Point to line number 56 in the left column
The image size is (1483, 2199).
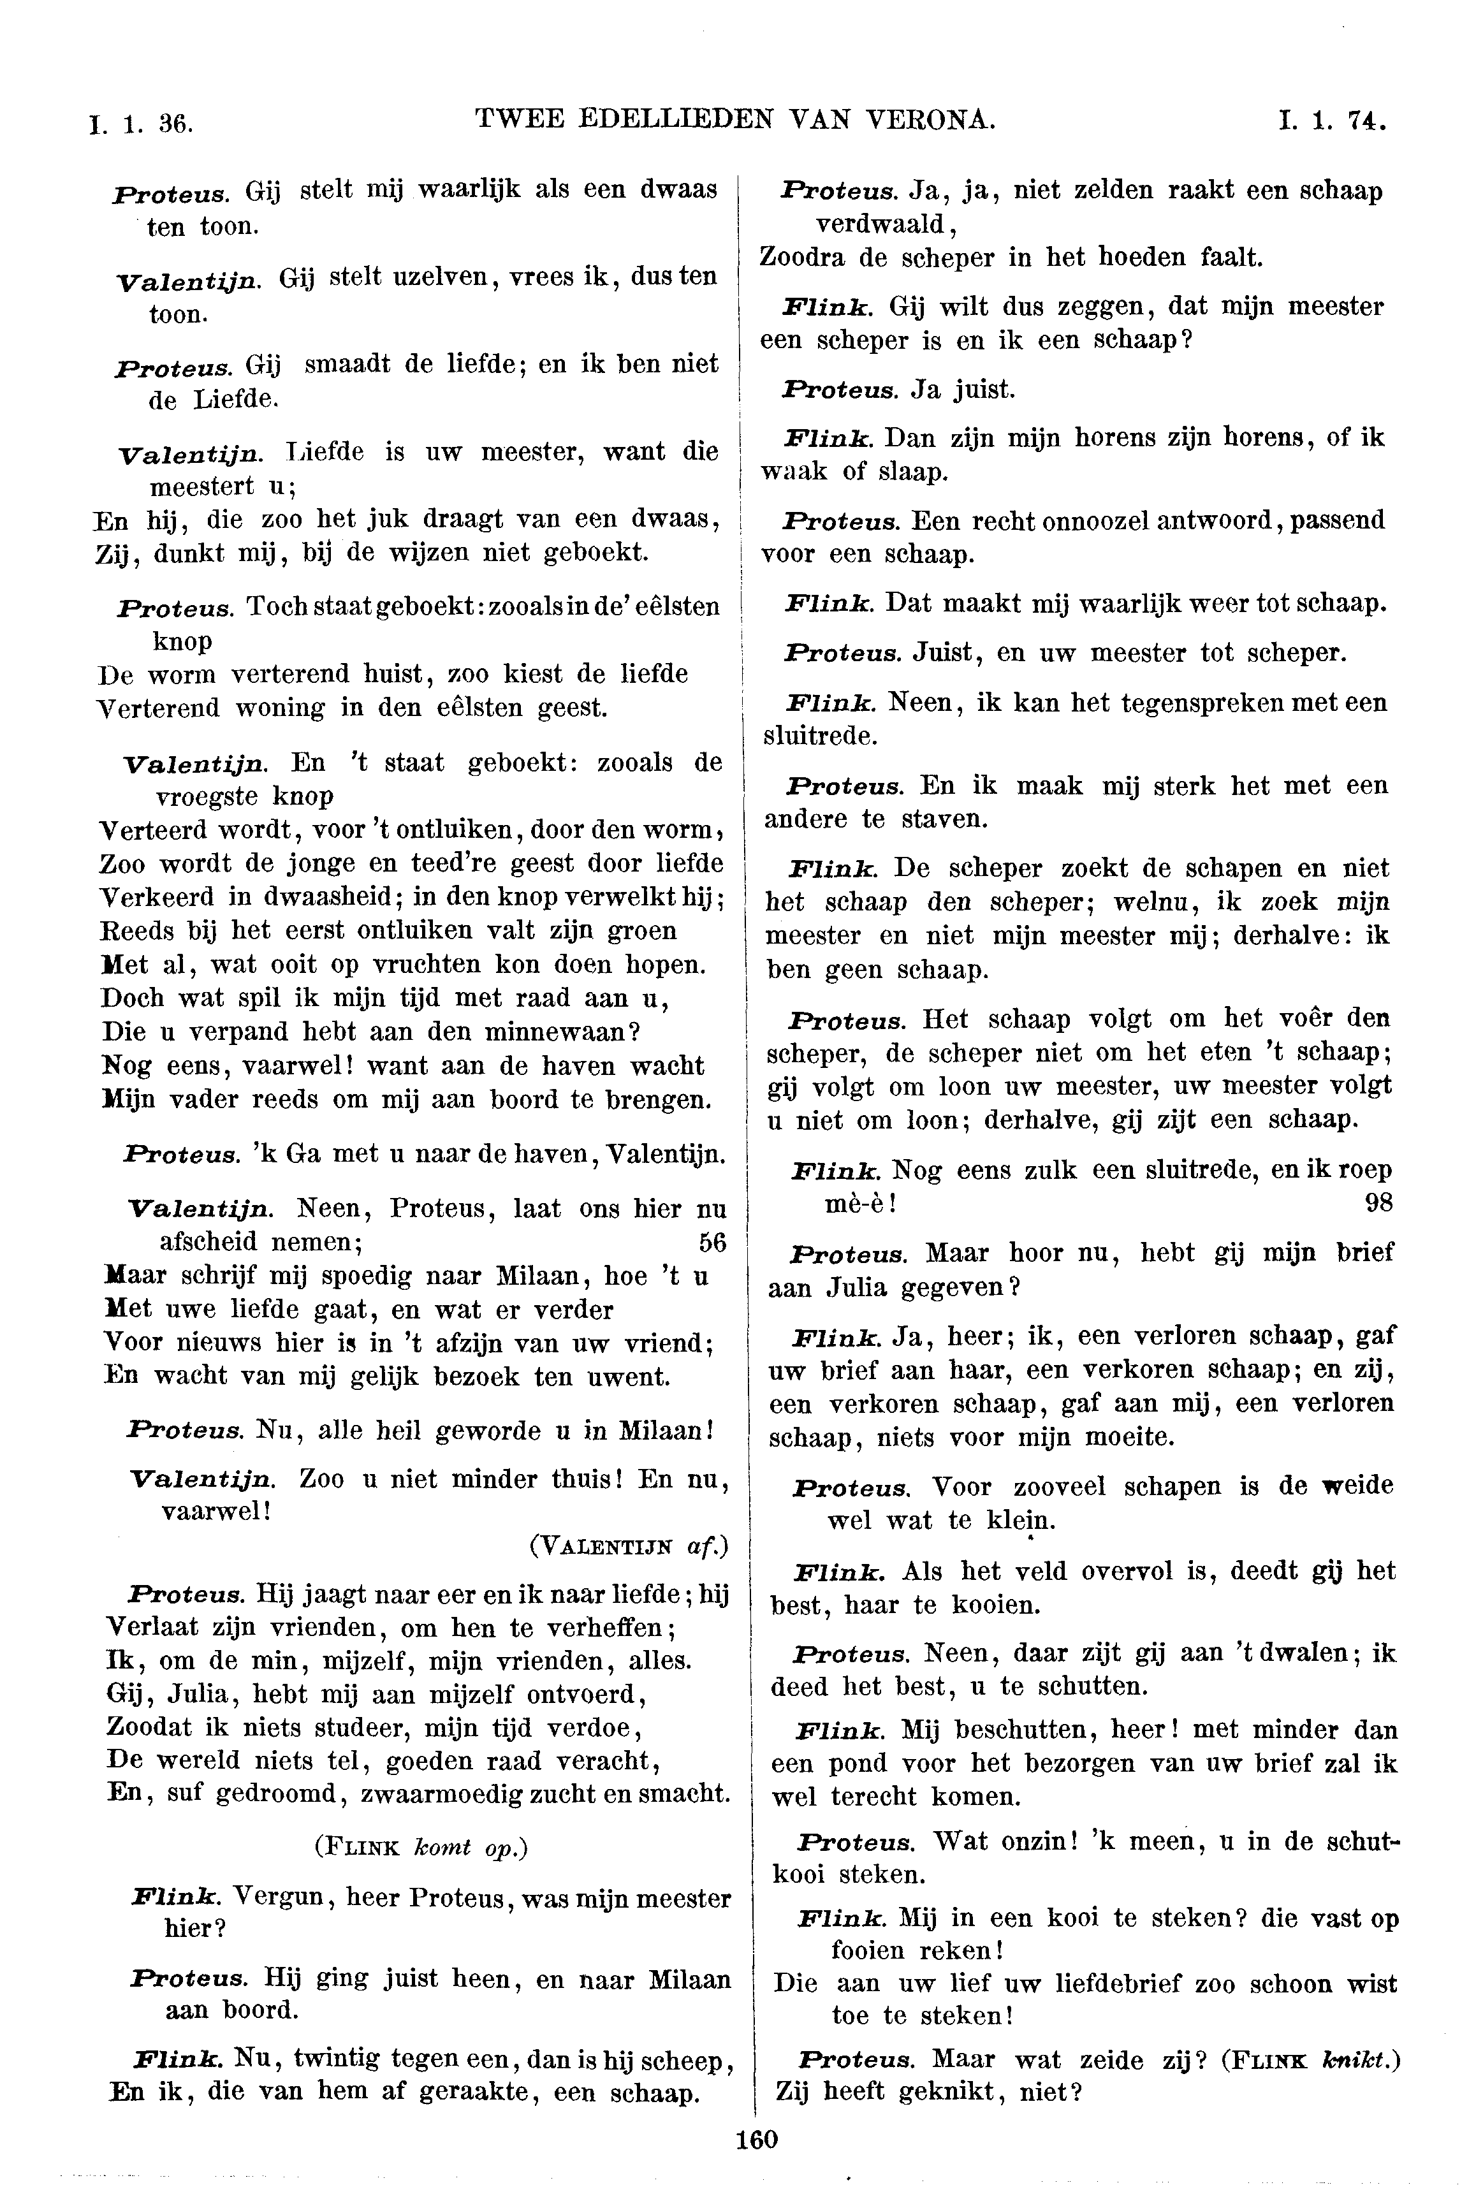point(712,1242)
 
